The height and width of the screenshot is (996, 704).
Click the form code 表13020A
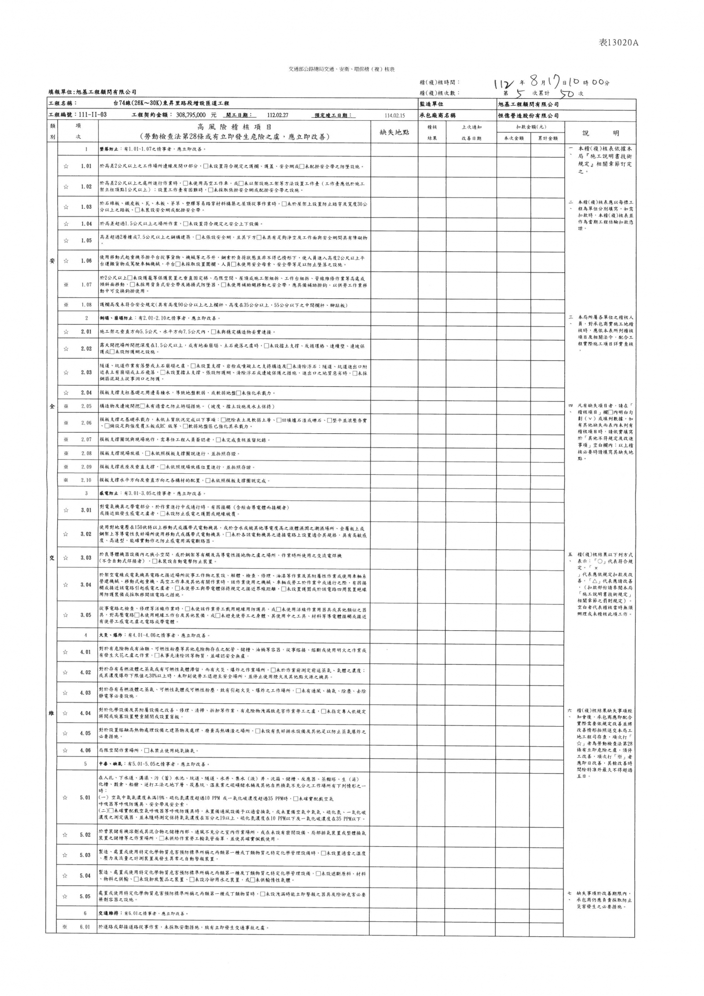tap(618, 43)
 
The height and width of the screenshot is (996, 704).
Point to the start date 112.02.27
tap(278, 115)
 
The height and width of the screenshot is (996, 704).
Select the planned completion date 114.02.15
tap(395, 116)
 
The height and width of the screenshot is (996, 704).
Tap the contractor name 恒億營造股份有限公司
tap(528, 115)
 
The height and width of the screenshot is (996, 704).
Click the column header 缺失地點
tap(394, 132)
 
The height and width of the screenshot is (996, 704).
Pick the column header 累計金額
tap(548, 138)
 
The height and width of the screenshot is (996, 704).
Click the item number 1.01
tap(86, 166)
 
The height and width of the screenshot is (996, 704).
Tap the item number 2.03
tap(86, 373)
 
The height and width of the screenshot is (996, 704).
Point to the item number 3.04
tap(86, 585)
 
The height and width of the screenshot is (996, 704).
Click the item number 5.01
tap(85, 797)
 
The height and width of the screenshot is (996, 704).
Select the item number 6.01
tap(85, 927)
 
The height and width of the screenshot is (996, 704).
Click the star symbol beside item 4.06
tap(66, 750)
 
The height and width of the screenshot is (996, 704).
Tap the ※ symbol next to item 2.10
tap(66, 480)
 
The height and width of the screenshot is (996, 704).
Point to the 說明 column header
tap(600, 133)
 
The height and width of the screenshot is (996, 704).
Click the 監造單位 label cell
tap(432, 104)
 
